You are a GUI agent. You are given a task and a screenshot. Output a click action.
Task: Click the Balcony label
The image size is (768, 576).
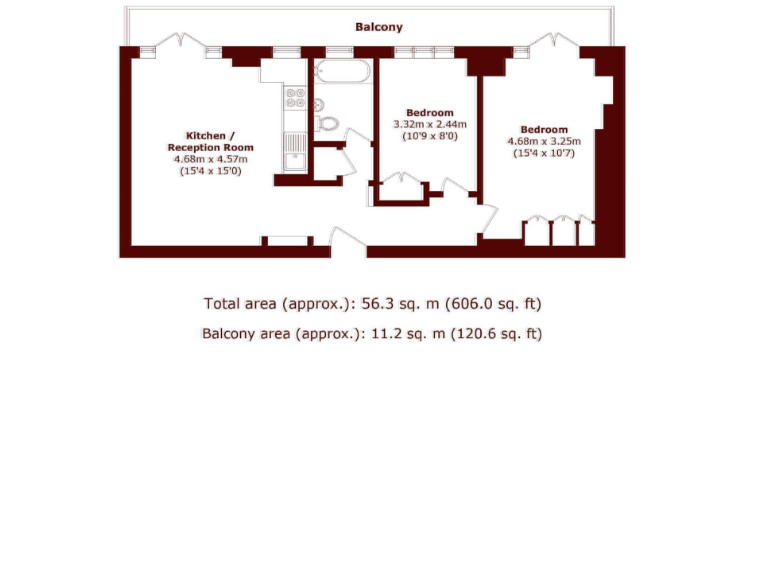379,27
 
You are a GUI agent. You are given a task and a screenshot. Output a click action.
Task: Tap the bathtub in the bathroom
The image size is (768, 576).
342,73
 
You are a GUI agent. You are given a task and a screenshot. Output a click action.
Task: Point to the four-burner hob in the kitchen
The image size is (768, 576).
296,97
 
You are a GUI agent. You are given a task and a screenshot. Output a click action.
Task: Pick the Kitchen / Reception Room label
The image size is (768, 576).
210,141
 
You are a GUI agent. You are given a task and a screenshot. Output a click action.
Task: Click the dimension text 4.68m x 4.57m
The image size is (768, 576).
210,159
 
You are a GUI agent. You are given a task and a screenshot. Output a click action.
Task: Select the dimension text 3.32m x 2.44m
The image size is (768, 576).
429,124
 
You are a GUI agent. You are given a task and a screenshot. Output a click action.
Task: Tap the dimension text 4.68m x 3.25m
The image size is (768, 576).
543,141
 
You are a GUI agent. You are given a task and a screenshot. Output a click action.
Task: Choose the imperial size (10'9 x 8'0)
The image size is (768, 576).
429,136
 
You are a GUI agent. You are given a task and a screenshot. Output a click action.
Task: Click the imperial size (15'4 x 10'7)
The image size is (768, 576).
543,153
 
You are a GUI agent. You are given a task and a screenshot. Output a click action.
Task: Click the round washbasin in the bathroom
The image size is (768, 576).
319,104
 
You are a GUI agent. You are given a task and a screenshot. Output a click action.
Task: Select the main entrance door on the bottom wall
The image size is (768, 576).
348,243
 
